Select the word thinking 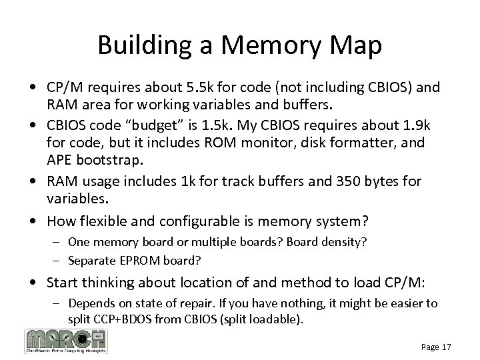(117, 283)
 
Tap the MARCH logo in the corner (65, 340)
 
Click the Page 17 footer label (436, 347)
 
